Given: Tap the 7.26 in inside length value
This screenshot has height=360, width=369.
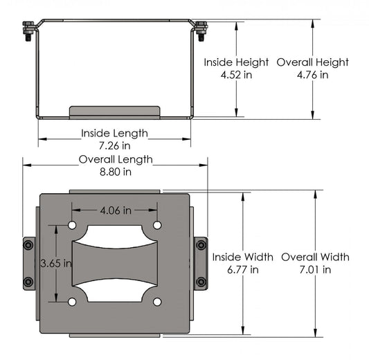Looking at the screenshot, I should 114,146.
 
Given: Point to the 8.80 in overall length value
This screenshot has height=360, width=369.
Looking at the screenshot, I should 115,172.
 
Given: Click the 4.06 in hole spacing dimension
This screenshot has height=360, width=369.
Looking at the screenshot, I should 115,210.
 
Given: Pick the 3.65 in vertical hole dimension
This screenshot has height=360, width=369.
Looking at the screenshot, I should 53,264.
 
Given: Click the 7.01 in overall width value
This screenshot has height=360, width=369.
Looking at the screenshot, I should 316,270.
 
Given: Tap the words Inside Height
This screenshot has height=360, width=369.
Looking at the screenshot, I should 237,62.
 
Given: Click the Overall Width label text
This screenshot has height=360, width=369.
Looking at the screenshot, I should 316,257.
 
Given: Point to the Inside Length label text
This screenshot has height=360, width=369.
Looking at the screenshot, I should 114,133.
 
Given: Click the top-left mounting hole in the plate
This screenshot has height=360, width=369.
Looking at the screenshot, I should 73,226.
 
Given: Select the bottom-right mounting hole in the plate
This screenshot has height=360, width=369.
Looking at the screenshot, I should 157,301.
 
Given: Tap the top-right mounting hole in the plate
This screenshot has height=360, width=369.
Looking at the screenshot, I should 157,226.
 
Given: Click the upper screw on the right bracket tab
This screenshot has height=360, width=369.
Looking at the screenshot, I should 201,244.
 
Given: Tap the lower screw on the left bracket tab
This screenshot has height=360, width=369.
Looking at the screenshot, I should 28,282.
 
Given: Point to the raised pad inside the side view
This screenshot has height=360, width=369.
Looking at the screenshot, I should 115,111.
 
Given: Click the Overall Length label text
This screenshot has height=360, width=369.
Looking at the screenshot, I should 115,159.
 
